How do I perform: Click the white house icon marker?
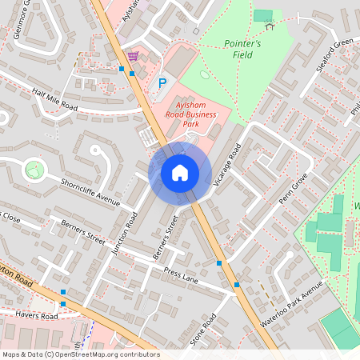coord(180,172)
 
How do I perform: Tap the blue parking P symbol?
coord(162,83)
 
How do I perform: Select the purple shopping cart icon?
coord(133,56)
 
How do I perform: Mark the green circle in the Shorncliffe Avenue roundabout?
coord(34,170)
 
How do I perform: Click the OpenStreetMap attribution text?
coord(80,354)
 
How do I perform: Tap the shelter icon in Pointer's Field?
coord(269,26)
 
